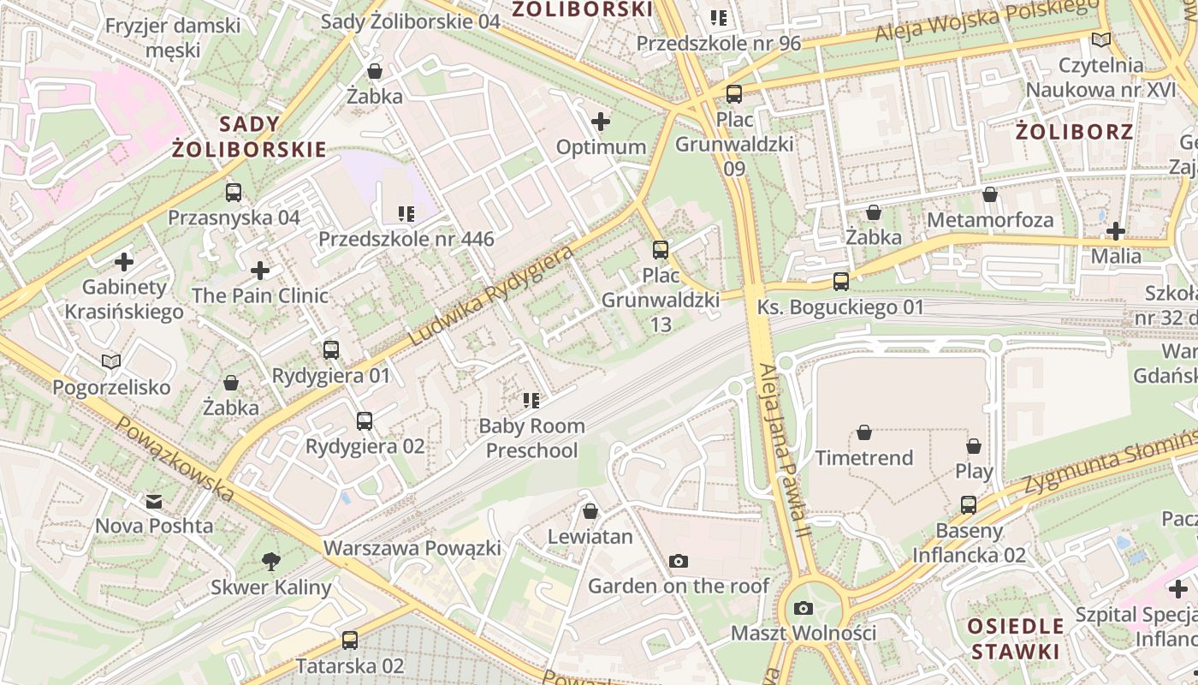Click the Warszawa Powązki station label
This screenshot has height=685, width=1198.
pyautogui.click(x=412, y=547)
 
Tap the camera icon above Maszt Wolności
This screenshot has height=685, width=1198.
pyautogui.click(x=803, y=608)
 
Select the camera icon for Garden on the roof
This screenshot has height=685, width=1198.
pyautogui.click(x=679, y=561)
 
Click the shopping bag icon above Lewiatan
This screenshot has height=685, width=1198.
pyautogui.click(x=590, y=511)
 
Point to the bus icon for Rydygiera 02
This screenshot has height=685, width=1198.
pyautogui.click(x=365, y=420)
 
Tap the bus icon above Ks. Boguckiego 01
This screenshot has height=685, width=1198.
pyautogui.click(x=841, y=281)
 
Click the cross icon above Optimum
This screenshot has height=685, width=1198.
pyautogui.click(x=601, y=122)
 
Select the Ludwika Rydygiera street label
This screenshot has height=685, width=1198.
pyautogui.click(x=490, y=296)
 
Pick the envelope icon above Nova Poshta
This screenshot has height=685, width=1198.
pyautogui.click(x=154, y=501)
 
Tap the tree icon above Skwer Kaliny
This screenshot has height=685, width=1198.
pyautogui.click(x=270, y=562)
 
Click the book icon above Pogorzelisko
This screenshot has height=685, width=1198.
pyautogui.click(x=111, y=361)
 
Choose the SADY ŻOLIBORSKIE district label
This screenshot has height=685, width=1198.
pyautogui.click(x=249, y=137)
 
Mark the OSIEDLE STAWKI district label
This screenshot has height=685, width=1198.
pyautogui.click(x=1016, y=638)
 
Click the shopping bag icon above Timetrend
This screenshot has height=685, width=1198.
pyautogui.click(x=864, y=432)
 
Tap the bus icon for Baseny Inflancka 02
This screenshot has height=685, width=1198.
pyautogui.click(x=968, y=505)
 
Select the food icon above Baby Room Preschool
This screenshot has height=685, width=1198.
pyautogui.click(x=531, y=400)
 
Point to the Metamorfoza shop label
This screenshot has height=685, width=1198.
pyautogui.click(x=990, y=220)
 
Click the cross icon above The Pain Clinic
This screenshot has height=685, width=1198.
pyautogui.click(x=260, y=271)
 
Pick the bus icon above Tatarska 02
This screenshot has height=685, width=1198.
pyautogui.click(x=349, y=640)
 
